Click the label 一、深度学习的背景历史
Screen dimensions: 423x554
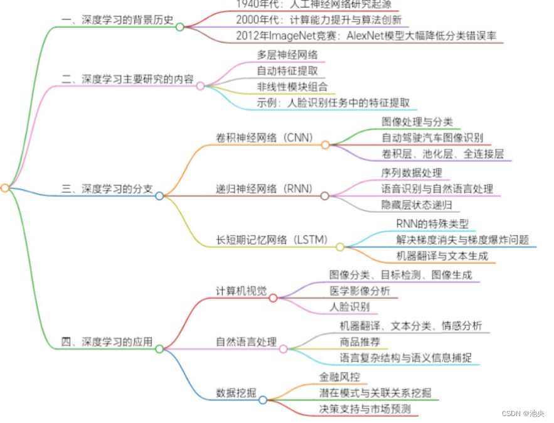click(117, 19)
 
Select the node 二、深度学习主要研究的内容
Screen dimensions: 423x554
click(127, 80)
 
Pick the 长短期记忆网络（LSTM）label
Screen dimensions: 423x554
click(272, 240)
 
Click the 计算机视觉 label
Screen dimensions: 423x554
click(241, 291)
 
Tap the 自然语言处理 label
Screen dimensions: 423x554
click(245, 342)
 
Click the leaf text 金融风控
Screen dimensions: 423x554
click(340, 377)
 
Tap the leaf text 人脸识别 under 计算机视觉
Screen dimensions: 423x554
click(349, 307)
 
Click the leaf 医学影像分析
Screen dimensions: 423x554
click(360, 291)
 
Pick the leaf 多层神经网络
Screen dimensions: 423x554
click(287, 54)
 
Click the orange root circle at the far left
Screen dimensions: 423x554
click(5, 188)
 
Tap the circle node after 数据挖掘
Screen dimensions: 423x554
click(263, 399)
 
